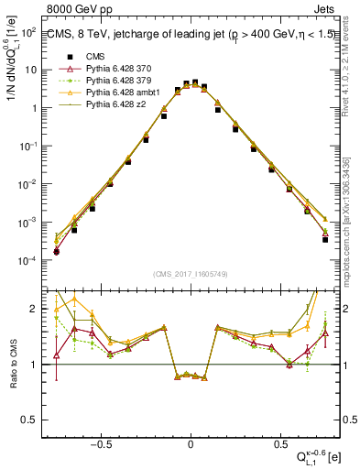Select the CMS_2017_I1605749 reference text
[x=191, y=274]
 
